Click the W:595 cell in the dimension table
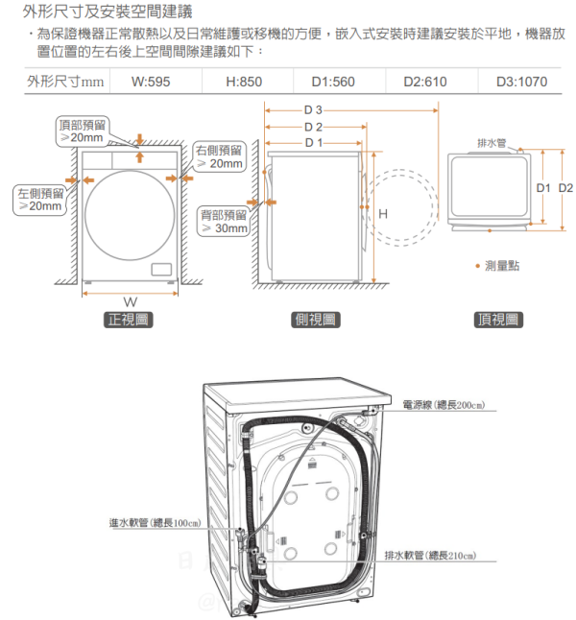click(151, 82)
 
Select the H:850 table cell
click(244, 82)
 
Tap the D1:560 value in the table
click(333, 82)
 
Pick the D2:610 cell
click(424, 82)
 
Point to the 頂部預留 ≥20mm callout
click(80, 131)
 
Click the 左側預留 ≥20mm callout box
click(39, 200)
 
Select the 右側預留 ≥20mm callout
click(219, 156)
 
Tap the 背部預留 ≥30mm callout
click(225, 221)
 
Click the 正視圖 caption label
click(128, 320)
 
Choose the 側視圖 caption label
click(315, 320)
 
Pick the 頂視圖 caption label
click(499, 320)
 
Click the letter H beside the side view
click(383, 213)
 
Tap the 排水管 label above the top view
click(492, 143)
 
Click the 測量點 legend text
click(502, 265)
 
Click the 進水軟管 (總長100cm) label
click(155, 523)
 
